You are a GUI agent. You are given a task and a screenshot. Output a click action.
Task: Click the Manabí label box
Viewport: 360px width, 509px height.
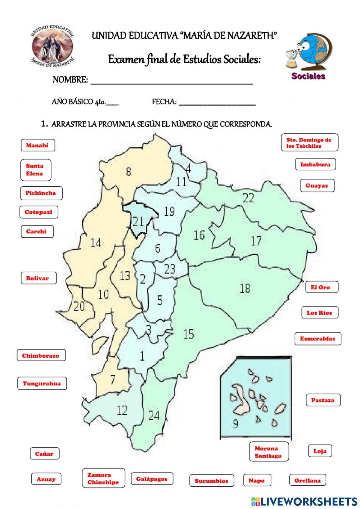click(37, 146)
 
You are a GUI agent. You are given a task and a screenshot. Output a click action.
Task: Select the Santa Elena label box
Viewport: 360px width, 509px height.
click(35, 170)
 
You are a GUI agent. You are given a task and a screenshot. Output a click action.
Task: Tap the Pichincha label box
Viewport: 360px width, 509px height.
click(41, 193)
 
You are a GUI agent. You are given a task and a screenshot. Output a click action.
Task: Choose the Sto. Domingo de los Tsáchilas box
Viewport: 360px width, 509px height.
click(309, 143)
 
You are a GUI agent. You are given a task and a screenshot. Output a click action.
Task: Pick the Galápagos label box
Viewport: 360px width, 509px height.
click(152, 479)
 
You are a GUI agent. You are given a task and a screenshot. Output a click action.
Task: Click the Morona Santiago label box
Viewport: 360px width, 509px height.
click(269, 452)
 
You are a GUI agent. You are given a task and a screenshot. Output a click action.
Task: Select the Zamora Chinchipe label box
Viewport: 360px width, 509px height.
click(103, 478)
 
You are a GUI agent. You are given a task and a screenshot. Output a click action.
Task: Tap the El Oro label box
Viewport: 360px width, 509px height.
click(320, 287)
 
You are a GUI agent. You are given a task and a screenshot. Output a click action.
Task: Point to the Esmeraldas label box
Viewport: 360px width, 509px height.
click(318, 339)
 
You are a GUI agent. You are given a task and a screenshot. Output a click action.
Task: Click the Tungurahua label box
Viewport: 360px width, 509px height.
click(42, 384)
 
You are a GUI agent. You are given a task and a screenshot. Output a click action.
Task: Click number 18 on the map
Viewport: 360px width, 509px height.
click(245, 288)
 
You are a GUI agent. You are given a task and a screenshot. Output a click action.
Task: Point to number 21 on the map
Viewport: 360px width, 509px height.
click(138, 221)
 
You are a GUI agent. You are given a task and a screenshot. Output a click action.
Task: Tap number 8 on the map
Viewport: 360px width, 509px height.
click(129, 171)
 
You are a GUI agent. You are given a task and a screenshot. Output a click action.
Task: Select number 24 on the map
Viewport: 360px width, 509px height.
click(154, 415)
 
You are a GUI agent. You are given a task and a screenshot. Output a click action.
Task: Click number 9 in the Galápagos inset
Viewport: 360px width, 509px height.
click(235, 424)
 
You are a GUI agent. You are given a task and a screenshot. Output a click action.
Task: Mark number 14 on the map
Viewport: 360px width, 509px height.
click(95, 243)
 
